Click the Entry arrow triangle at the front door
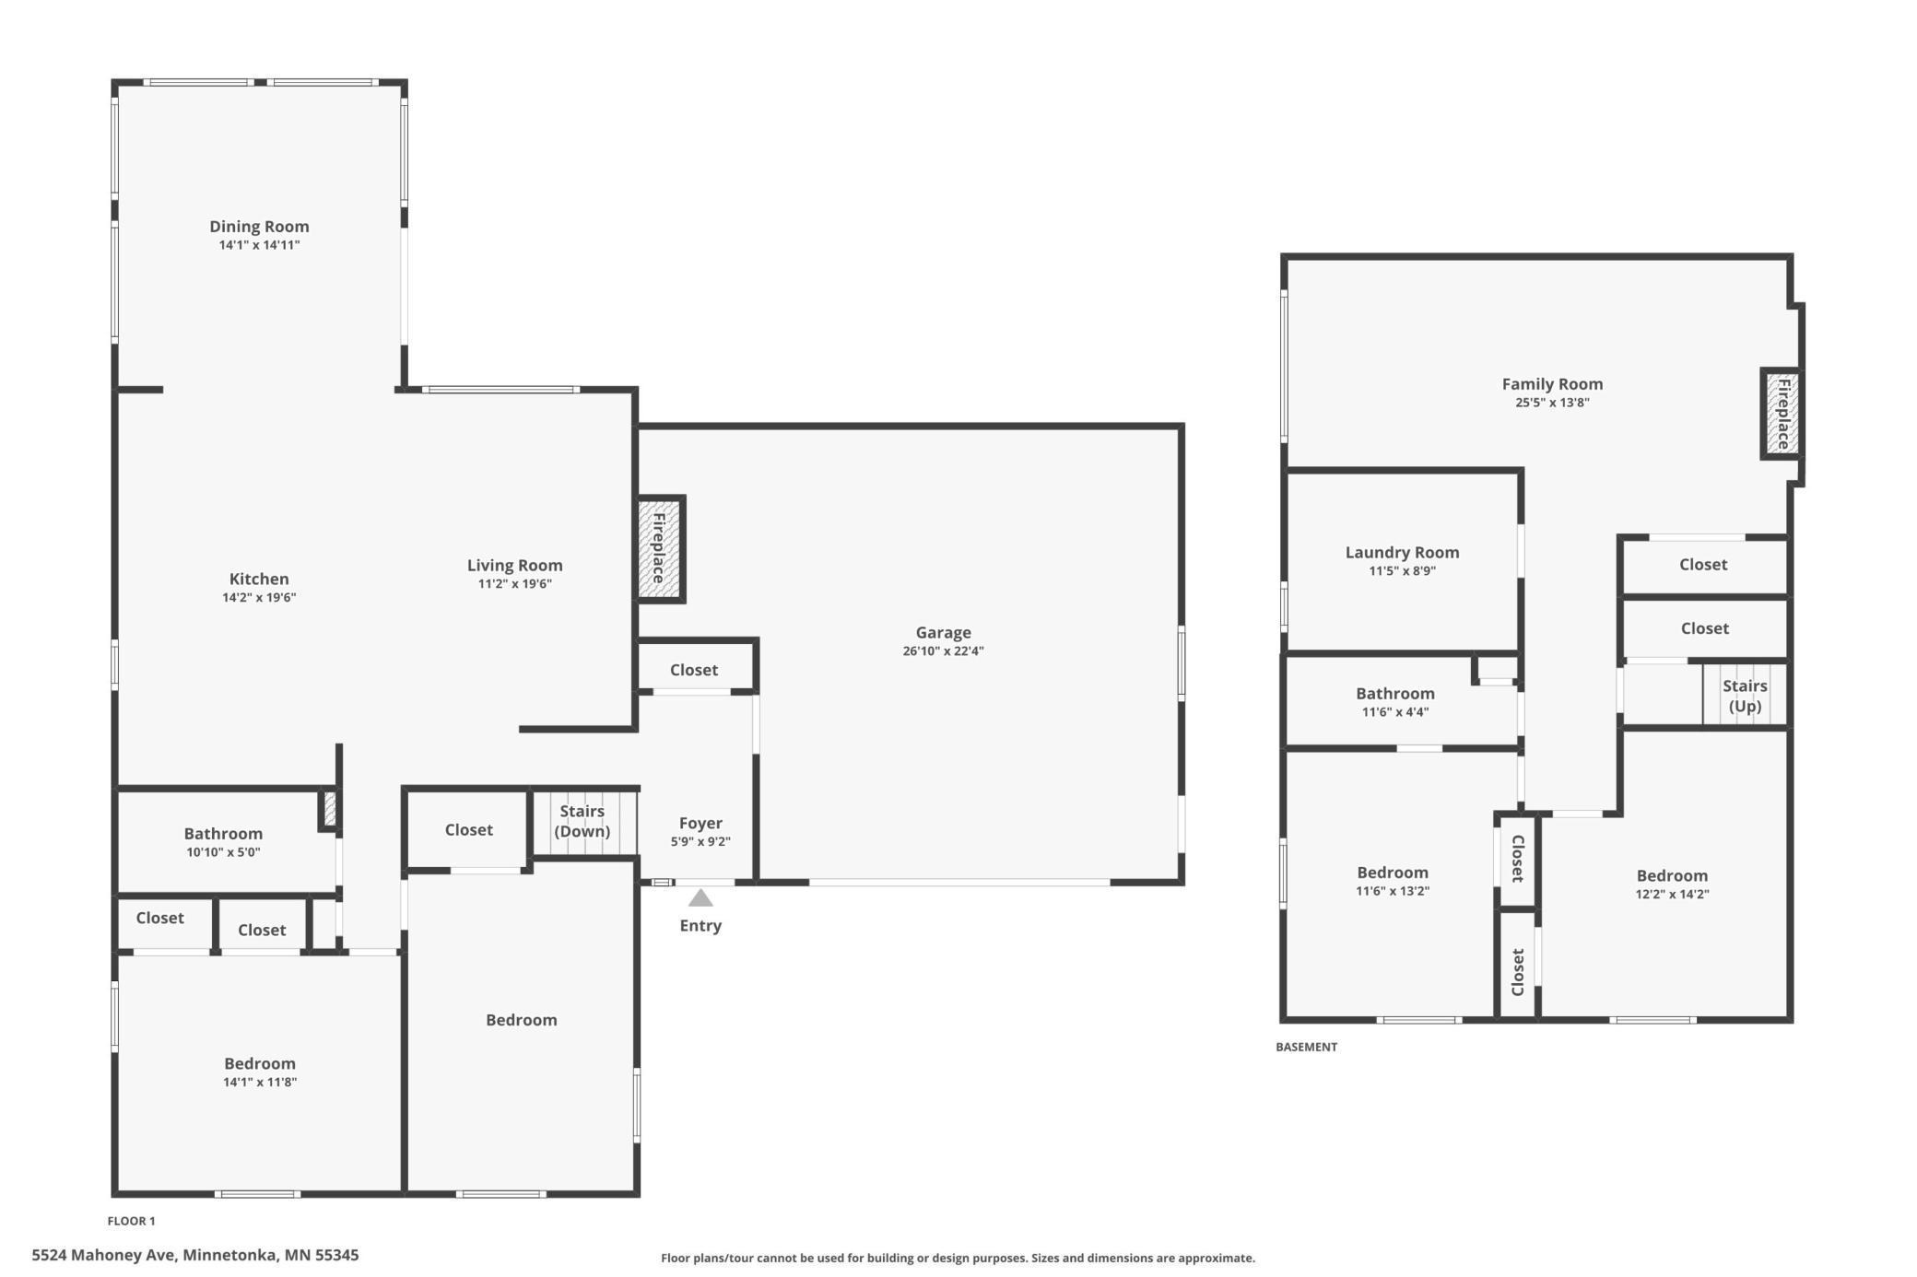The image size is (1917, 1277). click(x=700, y=898)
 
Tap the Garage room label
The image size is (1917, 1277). click(x=943, y=633)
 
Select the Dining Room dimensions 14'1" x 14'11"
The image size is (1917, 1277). click(x=259, y=245)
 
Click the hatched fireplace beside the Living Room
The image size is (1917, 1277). click(x=660, y=549)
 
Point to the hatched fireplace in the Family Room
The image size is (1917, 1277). click(x=1782, y=414)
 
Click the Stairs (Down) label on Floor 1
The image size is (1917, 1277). click(x=582, y=821)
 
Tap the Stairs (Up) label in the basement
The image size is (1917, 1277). click(x=1745, y=696)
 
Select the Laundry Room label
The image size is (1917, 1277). click(x=1402, y=553)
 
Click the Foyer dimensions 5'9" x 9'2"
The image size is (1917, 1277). click(x=700, y=842)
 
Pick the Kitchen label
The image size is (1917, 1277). click(x=259, y=580)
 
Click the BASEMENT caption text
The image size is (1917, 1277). click(x=1306, y=1047)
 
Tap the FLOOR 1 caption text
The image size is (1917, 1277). click(x=132, y=1221)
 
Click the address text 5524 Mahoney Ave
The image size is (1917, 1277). click(x=103, y=1255)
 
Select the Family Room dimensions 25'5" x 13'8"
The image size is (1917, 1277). click(x=1552, y=403)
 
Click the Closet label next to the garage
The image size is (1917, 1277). click(x=694, y=671)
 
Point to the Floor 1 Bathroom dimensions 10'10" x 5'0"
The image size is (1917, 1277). click(x=223, y=852)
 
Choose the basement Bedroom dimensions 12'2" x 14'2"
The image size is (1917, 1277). click(x=1672, y=894)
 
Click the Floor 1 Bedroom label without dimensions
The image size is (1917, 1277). click(x=522, y=1020)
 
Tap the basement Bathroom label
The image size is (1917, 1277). click(x=1394, y=694)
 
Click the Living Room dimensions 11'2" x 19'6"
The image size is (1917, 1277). click(x=514, y=584)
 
